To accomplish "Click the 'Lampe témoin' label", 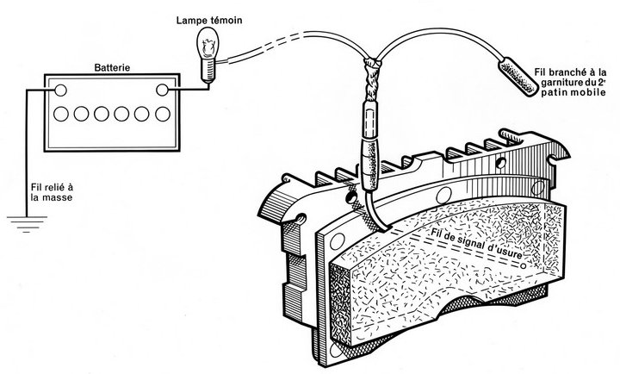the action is pyautogui.click(x=209, y=20).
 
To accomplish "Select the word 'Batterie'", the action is pyautogui.click(x=112, y=68).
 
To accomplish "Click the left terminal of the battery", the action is pyautogui.click(x=60, y=90).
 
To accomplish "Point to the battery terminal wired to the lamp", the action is pyautogui.click(x=162, y=90).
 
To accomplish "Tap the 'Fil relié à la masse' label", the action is pyautogui.click(x=52, y=192).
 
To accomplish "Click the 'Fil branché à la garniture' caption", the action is pyautogui.click(x=572, y=83).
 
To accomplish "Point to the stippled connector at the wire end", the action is pyautogui.click(x=519, y=77).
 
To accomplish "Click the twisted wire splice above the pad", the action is pyautogui.click(x=371, y=79).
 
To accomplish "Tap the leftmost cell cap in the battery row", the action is pyautogui.click(x=61, y=114).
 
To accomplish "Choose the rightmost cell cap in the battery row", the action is pyautogui.click(x=163, y=114).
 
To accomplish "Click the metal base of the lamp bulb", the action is pyautogui.click(x=208, y=70).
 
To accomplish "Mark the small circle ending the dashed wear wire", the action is pyautogui.click(x=524, y=266).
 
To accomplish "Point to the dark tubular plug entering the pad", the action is pyautogui.click(x=370, y=165).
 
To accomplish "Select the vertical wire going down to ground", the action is pyautogui.click(x=27, y=153).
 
